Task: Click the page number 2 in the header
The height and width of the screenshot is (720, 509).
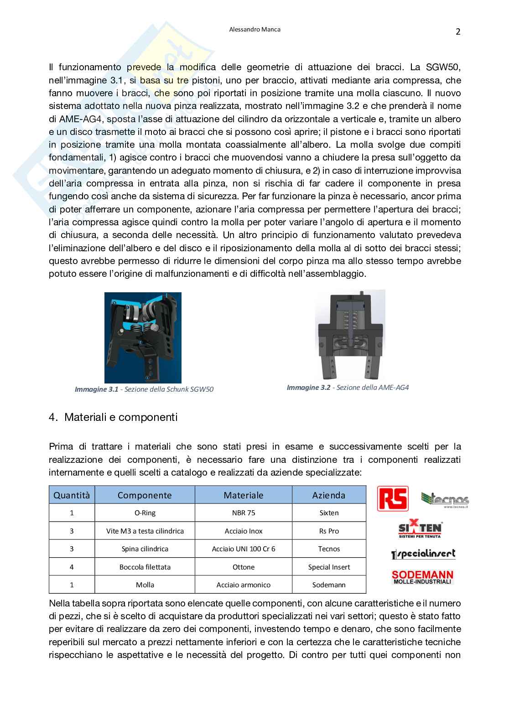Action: [458, 32]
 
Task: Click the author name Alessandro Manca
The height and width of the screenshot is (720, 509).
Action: [254, 29]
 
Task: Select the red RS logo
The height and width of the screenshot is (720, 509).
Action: [393, 498]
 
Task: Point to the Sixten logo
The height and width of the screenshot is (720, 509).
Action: [420, 529]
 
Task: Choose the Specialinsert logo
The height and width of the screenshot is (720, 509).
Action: [423, 554]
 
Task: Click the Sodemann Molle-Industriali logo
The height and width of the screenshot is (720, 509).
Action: [422, 577]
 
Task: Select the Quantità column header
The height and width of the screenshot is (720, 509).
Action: [72, 495]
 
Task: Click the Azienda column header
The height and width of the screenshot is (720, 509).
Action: [328, 495]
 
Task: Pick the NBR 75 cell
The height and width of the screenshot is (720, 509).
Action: [244, 513]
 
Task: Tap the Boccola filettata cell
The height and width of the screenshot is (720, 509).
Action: [145, 567]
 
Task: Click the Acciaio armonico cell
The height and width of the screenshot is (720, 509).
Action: [244, 585]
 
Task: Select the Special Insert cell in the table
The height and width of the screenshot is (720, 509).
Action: [329, 567]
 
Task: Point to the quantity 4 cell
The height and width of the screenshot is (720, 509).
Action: [72, 567]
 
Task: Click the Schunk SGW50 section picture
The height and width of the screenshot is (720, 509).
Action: [143, 337]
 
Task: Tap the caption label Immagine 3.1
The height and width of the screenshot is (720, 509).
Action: [96, 389]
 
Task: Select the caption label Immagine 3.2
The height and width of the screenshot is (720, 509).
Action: [308, 388]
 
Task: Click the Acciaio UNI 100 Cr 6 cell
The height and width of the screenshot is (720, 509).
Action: [244, 549]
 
